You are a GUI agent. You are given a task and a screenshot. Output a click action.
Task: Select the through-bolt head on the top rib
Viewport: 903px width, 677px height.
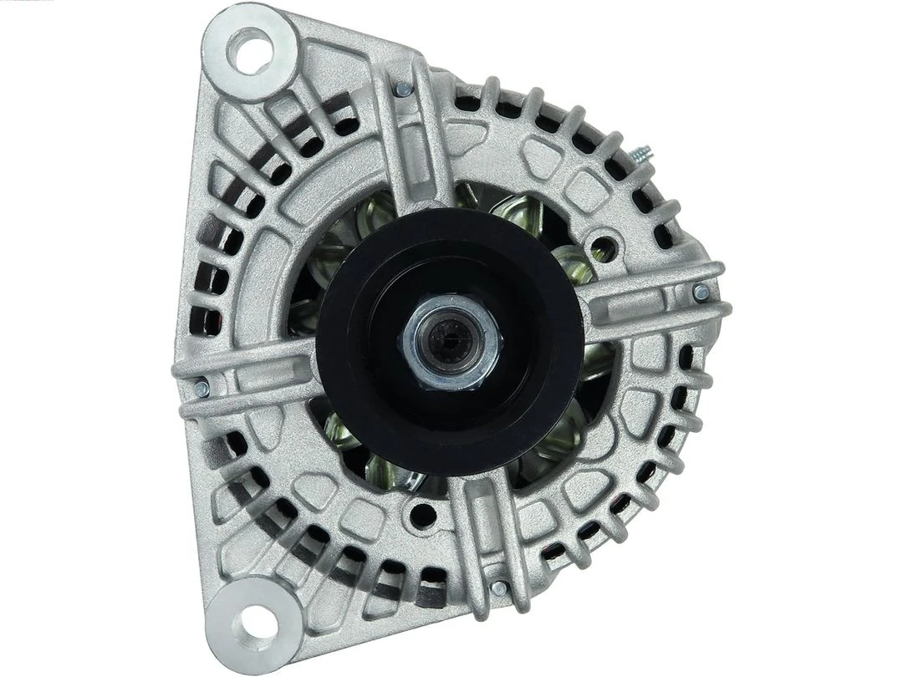[404, 89]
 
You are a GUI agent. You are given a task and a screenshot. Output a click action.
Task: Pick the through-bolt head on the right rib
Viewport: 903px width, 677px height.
[701, 293]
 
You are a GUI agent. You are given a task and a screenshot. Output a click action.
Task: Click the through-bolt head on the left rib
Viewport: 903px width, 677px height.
[201, 388]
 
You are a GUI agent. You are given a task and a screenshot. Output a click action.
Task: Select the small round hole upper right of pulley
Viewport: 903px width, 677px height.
[604, 248]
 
